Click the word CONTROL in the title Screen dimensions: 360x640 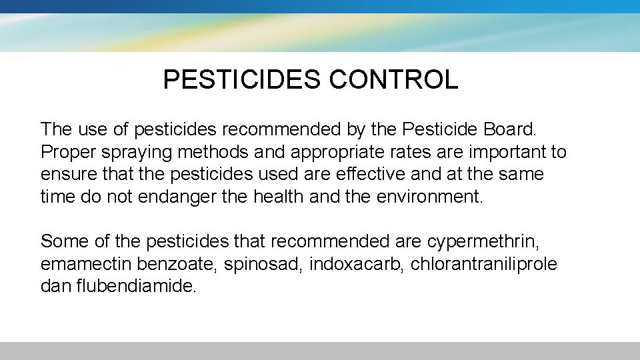(393, 80)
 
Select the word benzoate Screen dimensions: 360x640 (182, 264)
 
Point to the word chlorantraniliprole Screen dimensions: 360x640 (484, 264)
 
